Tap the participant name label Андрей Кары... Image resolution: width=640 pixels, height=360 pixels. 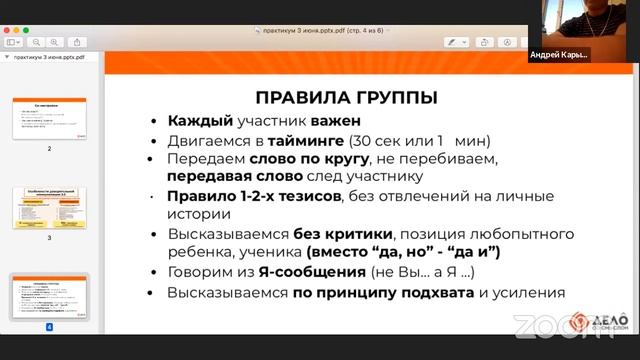tap(559, 54)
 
